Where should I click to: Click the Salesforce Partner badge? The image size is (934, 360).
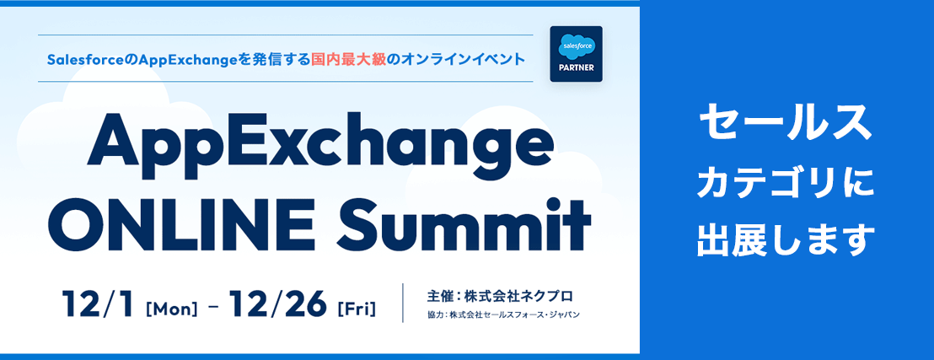coord(576,54)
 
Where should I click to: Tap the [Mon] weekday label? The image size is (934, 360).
coord(171,309)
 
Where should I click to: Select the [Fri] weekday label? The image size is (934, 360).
coord(357,309)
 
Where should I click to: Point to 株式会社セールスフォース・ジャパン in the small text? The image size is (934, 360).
coord(514,314)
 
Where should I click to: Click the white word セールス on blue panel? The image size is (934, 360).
coord(785,122)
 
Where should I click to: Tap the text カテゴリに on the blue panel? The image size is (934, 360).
coord(785,184)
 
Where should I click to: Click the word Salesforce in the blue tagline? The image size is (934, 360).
coord(84,60)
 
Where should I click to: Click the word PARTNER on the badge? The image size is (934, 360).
coord(576,67)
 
